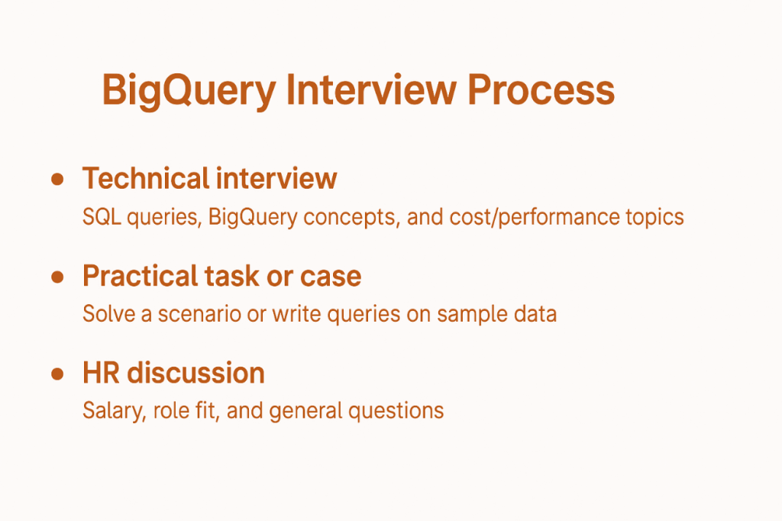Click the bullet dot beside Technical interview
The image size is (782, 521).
click(x=57, y=179)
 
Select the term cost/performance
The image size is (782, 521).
click(x=526, y=218)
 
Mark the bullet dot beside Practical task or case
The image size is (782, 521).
click(x=57, y=277)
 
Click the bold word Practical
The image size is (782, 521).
click(x=141, y=277)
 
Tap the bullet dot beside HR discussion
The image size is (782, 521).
click(x=57, y=374)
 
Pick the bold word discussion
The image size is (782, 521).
click(x=195, y=374)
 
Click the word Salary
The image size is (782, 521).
click(x=110, y=411)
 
